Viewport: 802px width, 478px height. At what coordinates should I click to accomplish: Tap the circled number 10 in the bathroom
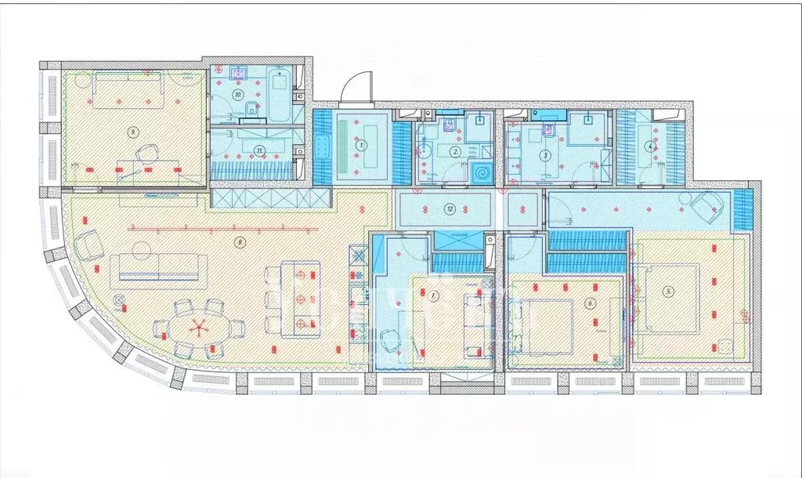[238, 94]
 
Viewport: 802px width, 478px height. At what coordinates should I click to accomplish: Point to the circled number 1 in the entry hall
[361, 144]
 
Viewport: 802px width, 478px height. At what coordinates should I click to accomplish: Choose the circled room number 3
[545, 155]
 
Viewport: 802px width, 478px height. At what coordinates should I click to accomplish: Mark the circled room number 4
[649, 145]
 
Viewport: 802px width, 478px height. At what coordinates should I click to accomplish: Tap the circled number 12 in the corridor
[449, 208]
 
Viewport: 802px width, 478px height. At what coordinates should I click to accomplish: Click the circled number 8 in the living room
[239, 243]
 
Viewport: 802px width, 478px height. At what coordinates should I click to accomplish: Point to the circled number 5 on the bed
[668, 292]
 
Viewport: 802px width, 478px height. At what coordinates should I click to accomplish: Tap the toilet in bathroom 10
[248, 110]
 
